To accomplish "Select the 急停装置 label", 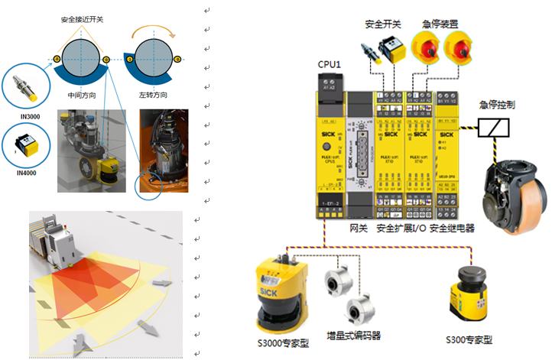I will (441, 24).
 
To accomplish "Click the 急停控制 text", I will (498, 105).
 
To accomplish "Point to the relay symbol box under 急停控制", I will (493, 128).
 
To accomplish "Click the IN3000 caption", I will (31, 115).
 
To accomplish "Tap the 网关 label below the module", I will (359, 228).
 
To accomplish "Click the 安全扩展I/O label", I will (401, 228).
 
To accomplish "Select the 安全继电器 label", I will (452, 228).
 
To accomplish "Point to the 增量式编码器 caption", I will (354, 335).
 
